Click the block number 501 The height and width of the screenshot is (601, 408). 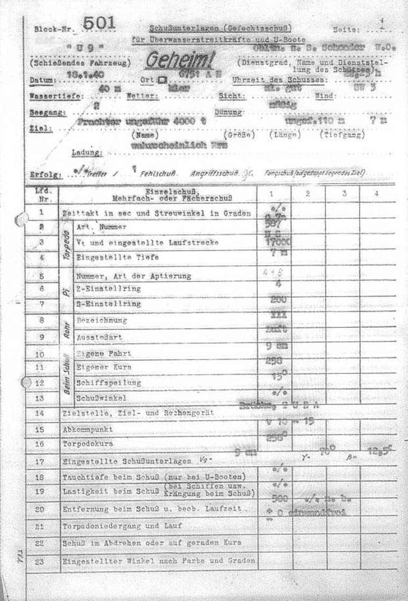[99, 23]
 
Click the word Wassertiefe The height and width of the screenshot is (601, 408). [47, 97]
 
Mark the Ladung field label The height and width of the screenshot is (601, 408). [87, 153]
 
